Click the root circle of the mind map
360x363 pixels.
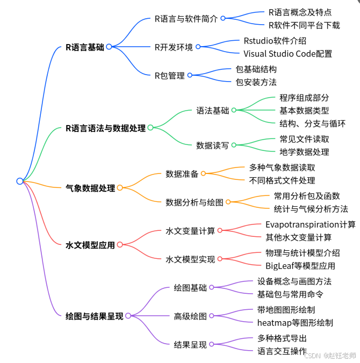tap(20, 181)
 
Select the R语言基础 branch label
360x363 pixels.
tap(85, 47)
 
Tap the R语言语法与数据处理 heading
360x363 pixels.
tap(105, 128)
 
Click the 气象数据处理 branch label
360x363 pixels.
tap(90, 188)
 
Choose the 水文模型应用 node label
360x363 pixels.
tap(90, 245)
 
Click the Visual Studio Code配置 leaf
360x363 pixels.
tap(287, 53)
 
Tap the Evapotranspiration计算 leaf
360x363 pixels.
tap(311, 224)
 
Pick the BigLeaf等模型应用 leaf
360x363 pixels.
tap(300, 265)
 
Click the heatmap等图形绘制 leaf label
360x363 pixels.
tap(295, 322)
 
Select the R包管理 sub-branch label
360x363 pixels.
tap(169, 76)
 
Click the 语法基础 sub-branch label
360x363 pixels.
tap(213, 111)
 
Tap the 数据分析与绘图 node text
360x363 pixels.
tap(195, 202)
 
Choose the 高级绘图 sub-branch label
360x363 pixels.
tap(190, 316)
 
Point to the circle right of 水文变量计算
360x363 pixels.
tap(220, 230)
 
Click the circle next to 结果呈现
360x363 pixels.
tap(212, 345)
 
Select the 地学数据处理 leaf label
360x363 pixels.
tap(304, 152)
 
